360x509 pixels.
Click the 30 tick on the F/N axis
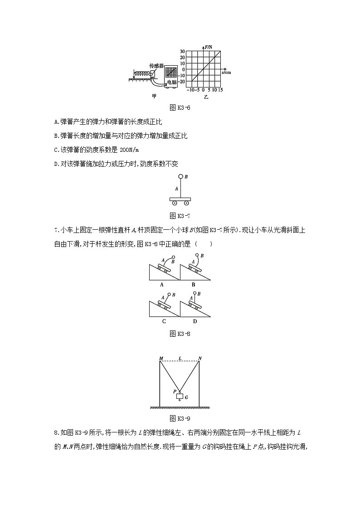pyautogui.click(x=182, y=52)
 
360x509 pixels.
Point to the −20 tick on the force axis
pyautogui.click(x=181, y=82)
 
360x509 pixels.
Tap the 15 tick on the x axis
pyautogui.click(x=221, y=89)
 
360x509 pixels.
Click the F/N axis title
pyautogui.click(x=209, y=47)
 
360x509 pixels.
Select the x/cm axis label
pyautogui.click(x=226, y=72)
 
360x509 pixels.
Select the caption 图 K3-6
pyautogui.click(x=180, y=108)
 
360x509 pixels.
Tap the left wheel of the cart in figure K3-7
pyautogui.click(x=175, y=203)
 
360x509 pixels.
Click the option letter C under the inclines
pyautogui.click(x=164, y=321)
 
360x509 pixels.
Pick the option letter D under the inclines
pyautogui.click(x=195, y=321)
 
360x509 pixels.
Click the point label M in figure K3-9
pyautogui.click(x=161, y=359)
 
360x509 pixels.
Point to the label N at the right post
pyautogui.click(x=200, y=359)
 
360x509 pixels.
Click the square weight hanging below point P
pyautogui.click(x=180, y=397)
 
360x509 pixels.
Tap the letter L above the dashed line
pyautogui.click(x=180, y=359)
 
